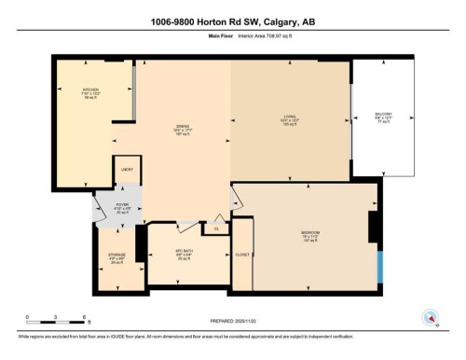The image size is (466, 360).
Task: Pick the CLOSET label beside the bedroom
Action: (x=242, y=252)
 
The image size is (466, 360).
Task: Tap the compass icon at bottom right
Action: (x=431, y=316)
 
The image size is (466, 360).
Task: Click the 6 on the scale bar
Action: (x=85, y=317)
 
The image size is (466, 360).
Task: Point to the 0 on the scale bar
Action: (x=28, y=317)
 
